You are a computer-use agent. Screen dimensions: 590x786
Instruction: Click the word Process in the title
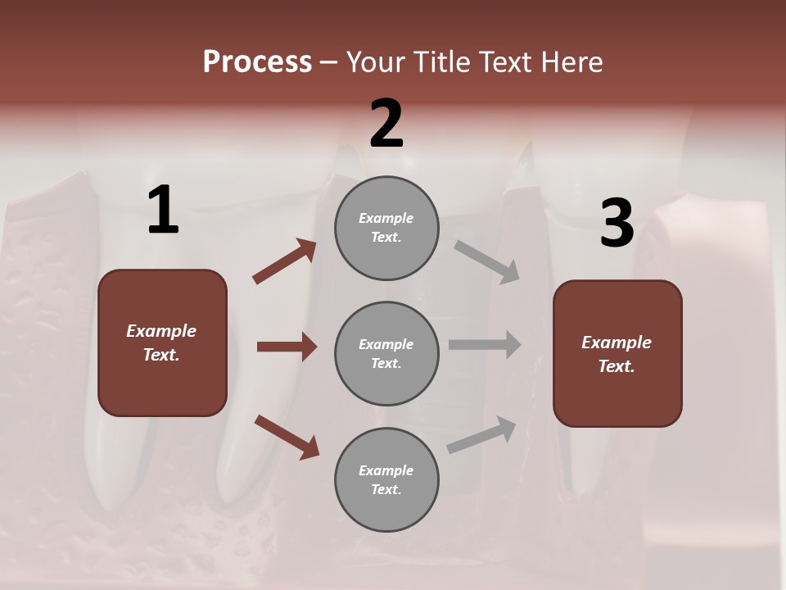tap(257, 62)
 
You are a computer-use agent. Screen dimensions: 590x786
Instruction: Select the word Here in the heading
tap(570, 62)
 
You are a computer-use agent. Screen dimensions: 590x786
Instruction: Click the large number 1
tap(163, 211)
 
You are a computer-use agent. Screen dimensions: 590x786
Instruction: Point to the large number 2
tap(386, 124)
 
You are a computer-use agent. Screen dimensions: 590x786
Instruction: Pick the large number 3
tap(617, 224)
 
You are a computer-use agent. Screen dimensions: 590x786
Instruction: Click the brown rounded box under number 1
tap(162, 343)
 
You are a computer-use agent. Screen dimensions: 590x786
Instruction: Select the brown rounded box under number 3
tap(617, 353)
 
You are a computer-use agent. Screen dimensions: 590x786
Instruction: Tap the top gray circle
tap(386, 228)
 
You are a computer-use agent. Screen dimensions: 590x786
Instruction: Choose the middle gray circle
tap(386, 353)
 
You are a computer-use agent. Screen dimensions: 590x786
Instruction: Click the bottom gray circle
tap(386, 479)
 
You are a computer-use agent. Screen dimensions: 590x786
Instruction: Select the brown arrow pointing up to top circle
tap(285, 261)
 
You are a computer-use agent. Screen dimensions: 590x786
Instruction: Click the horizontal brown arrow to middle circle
tap(287, 347)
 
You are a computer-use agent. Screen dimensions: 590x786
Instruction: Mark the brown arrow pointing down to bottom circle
tap(287, 437)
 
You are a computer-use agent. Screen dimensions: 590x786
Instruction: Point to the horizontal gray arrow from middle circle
tap(485, 344)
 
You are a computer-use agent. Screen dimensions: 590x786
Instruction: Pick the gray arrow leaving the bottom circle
tap(482, 434)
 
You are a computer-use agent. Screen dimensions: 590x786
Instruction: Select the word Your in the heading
tap(374, 62)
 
